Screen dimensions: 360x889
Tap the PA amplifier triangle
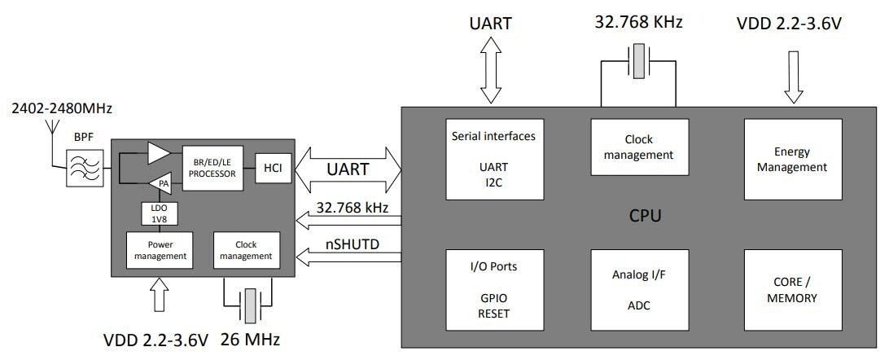(x=161, y=183)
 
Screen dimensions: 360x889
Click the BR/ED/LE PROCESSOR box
(x=215, y=168)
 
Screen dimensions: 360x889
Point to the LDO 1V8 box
(x=158, y=213)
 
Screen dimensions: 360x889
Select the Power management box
(x=158, y=250)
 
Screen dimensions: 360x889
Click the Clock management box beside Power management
(x=246, y=250)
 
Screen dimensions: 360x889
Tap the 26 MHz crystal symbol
(x=250, y=305)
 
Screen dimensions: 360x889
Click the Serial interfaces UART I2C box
(x=493, y=159)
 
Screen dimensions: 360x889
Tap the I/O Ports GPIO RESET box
(x=493, y=288)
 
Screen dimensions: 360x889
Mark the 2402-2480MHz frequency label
(x=62, y=108)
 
